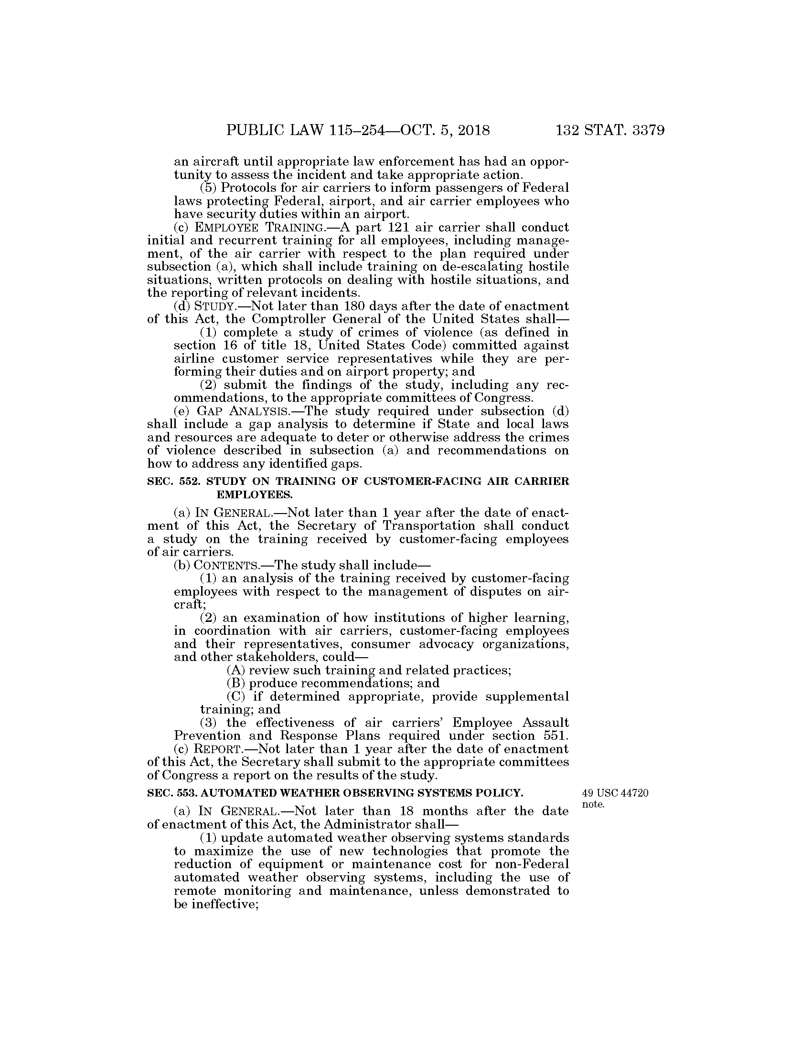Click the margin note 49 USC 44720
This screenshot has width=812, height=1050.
pos(615,793)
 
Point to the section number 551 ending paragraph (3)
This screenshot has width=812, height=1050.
pos(556,736)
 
